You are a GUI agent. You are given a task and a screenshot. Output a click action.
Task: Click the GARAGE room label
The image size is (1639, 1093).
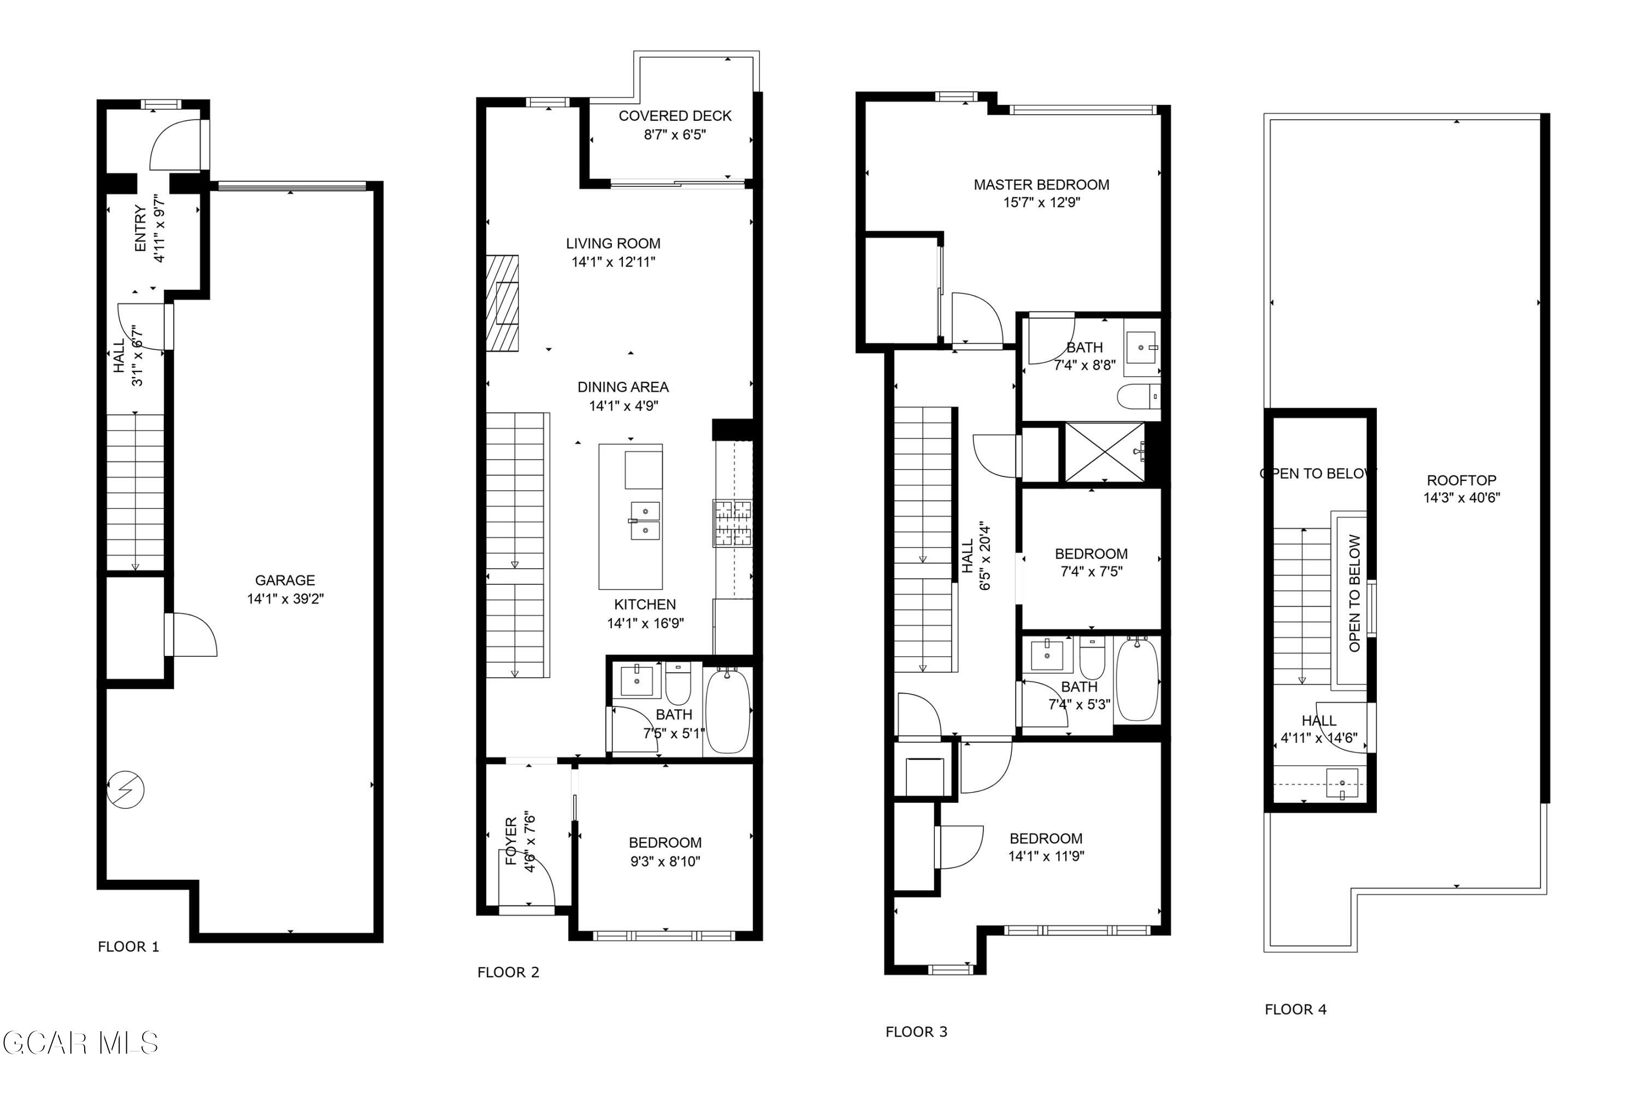(285, 580)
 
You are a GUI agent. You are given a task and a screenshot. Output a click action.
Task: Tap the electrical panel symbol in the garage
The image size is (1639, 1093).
(126, 790)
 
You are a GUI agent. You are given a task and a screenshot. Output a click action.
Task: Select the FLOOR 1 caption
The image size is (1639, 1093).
(128, 947)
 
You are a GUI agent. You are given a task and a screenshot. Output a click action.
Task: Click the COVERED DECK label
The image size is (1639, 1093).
(675, 116)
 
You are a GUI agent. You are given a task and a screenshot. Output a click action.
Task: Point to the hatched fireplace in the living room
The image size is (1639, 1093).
(503, 303)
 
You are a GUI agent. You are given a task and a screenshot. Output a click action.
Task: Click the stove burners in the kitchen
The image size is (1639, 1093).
(732, 522)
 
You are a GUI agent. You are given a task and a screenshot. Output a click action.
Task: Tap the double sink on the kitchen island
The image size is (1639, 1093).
(645, 521)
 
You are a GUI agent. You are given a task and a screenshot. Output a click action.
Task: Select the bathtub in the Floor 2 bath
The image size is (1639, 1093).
(728, 710)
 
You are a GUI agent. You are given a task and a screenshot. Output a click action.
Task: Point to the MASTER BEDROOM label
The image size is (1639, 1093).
(1041, 185)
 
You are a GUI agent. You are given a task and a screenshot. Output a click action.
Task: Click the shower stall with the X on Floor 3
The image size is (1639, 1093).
(1105, 452)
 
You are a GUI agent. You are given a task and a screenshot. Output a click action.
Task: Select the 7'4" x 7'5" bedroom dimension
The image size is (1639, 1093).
(1091, 572)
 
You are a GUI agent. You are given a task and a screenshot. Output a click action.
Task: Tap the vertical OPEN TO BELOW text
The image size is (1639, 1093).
(1354, 592)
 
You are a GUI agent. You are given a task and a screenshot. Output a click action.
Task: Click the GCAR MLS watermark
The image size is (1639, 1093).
(80, 1043)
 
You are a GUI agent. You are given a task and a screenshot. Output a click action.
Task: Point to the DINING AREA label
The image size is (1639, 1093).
(622, 387)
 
